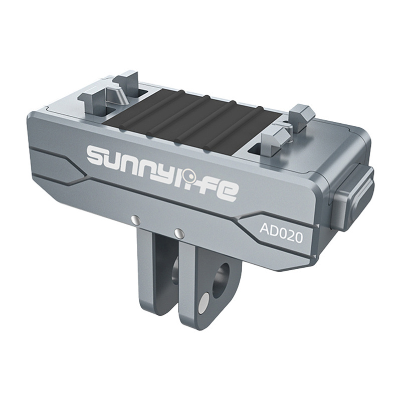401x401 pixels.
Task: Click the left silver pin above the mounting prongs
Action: point(135,219)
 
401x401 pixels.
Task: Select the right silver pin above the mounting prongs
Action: point(178,232)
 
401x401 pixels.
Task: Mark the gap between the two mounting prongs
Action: point(170,291)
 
